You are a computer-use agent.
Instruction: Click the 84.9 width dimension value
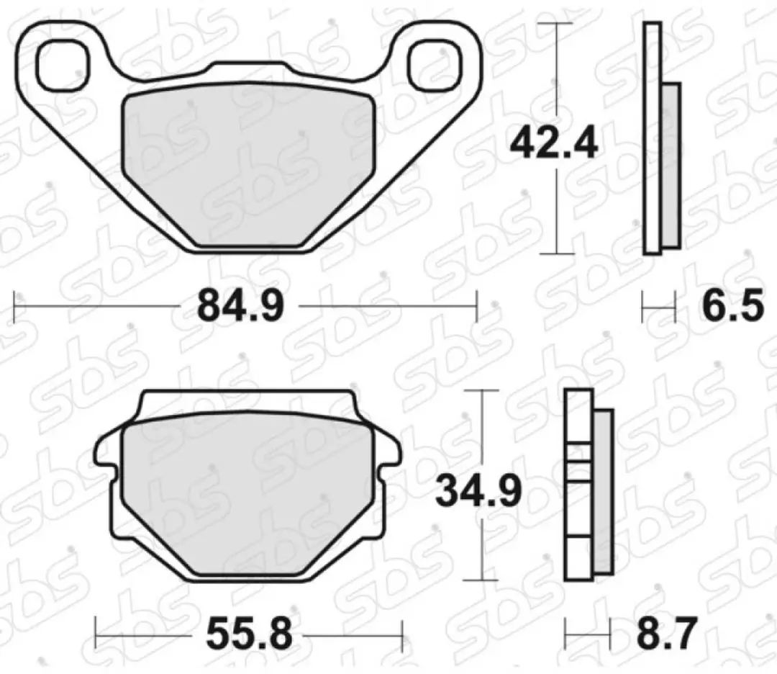(240, 306)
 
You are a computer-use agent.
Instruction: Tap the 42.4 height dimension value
(554, 144)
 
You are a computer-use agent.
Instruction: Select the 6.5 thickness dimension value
(732, 306)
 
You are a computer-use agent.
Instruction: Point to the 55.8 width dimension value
(249, 634)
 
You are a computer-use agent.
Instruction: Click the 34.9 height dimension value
(478, 492)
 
